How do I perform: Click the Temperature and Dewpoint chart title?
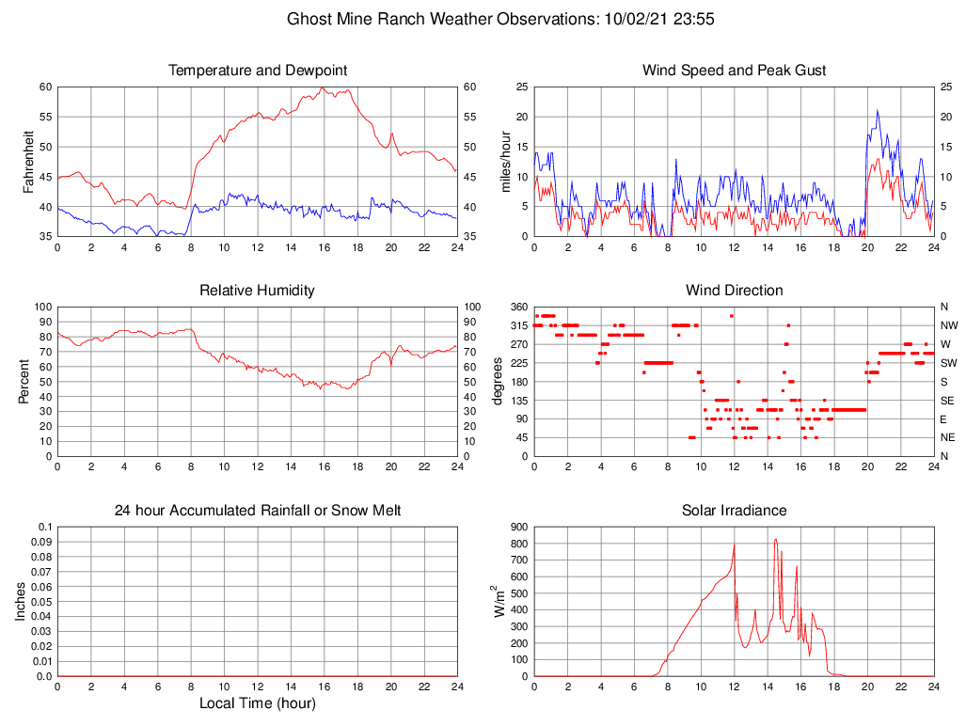click(x=257, y=71)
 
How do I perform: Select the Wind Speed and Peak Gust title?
click(x=734, y=71)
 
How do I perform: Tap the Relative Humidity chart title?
click(x=257, y=290)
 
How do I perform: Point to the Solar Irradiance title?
click(x=734, y=510)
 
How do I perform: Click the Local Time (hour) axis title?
click(x=257, y=703)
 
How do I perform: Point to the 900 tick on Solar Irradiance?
click(x=517, y=527)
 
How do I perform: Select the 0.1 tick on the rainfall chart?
click(x=44, y=527)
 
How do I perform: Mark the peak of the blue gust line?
click(x=878, y=110)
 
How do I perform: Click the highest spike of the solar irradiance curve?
click(x=775, y=539)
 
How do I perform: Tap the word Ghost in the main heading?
click(x=309, y=18)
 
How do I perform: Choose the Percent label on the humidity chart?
click(x=25, y=381)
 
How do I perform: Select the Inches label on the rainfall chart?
click(x=22, y=601)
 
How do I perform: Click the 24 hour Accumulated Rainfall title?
click(x=257, y=510)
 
